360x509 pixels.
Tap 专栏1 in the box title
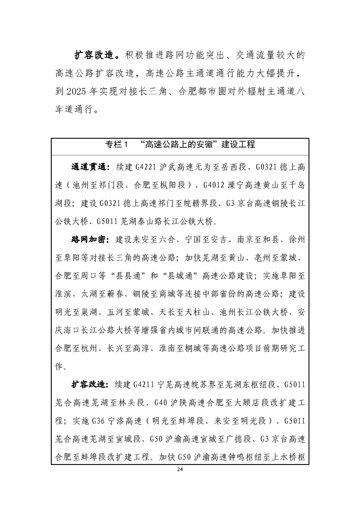pos(118,145)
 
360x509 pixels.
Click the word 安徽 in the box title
pos(207,145)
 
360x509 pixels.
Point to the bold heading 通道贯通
pos(89,167)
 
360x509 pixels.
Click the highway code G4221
pos(145,167)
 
